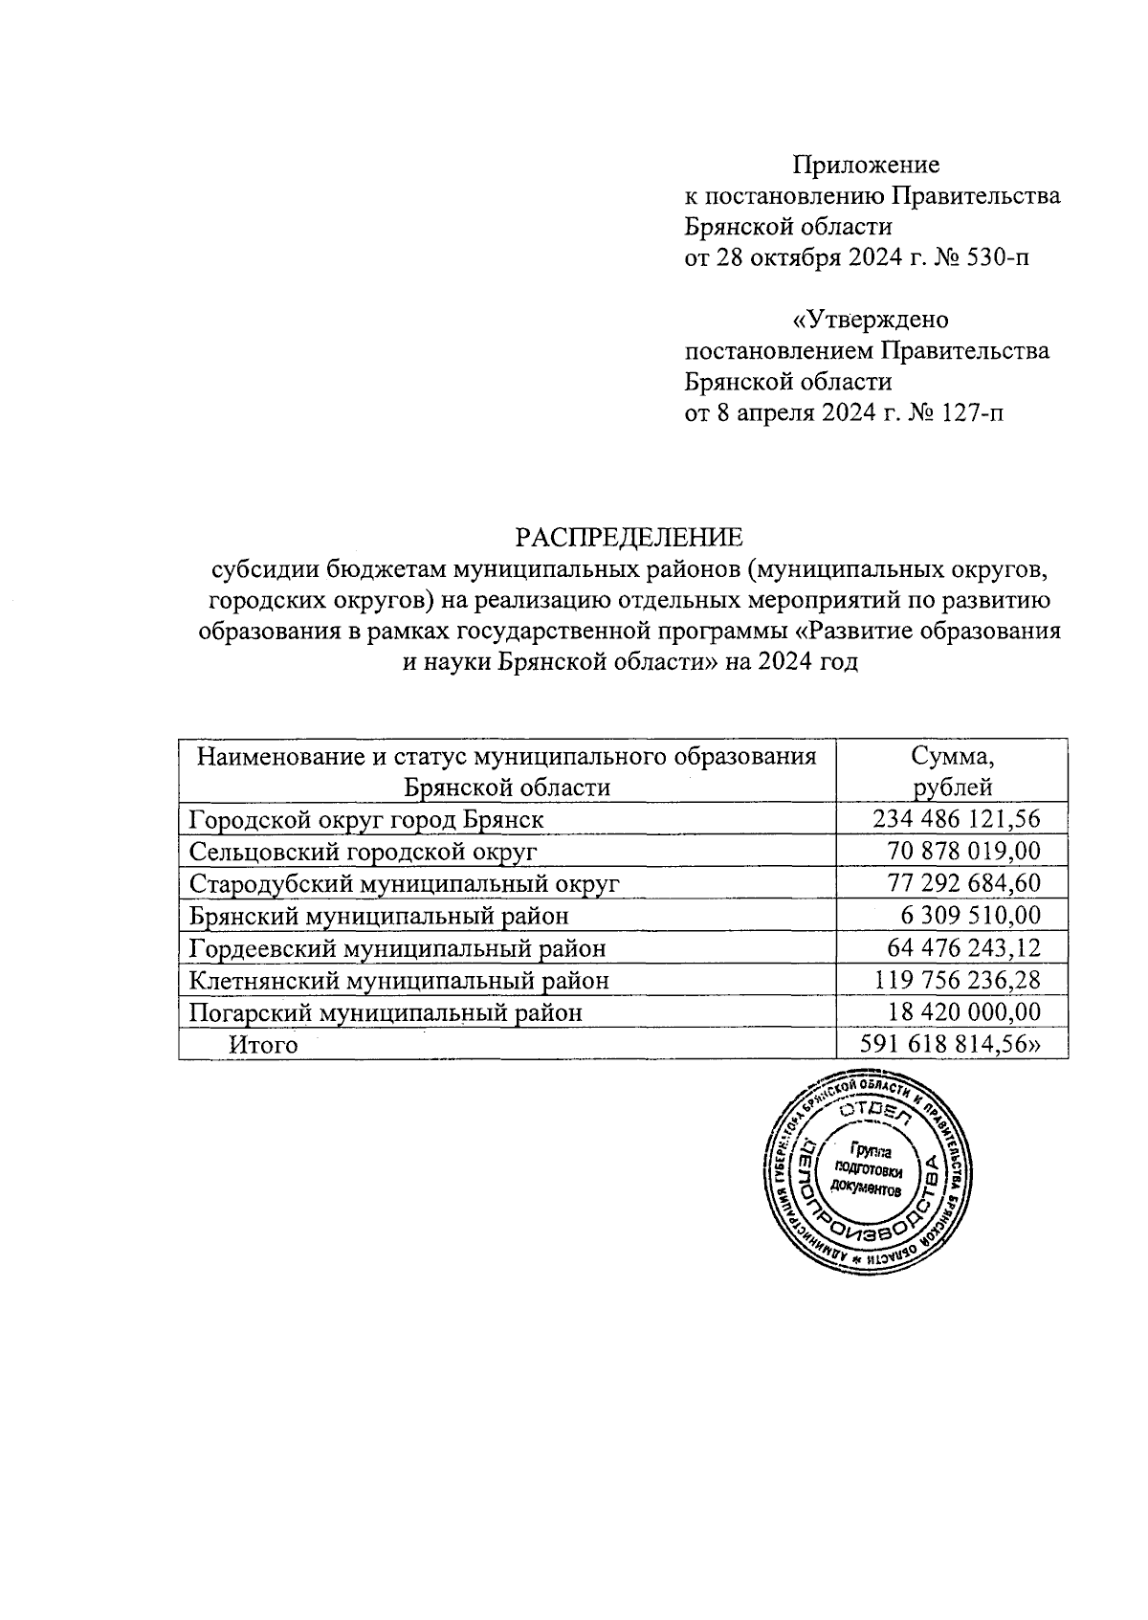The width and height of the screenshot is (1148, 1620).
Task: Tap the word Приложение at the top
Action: [867, 166]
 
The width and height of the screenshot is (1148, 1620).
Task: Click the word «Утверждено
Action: [871, 320]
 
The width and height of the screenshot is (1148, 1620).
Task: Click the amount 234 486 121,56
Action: [956, 819]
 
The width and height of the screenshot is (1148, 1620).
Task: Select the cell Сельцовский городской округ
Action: [363, 852]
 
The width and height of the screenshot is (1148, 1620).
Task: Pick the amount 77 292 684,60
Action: [964, 883]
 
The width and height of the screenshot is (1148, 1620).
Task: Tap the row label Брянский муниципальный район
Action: [379, 916]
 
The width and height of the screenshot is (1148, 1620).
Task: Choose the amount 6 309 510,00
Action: [970, 916]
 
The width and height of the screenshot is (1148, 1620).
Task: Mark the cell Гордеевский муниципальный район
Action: [397, 948]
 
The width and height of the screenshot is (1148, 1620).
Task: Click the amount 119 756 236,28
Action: [957, 980]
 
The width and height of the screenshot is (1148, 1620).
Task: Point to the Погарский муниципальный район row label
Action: [386, 1012]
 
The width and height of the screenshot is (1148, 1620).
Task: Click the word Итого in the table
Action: [263, 1045]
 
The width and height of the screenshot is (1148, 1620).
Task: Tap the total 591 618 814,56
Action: [951, 1044]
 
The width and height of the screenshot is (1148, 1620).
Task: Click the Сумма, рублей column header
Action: [952, 771]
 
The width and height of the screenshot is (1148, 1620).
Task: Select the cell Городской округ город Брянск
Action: [366, 820]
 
